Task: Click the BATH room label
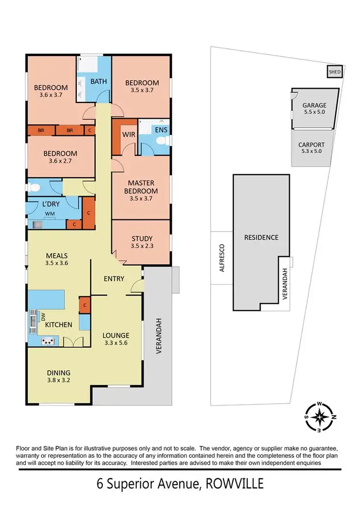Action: [x=99, y=81]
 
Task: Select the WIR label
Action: [x=128, y=134]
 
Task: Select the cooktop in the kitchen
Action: [x=48, y=341]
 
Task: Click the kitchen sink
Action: [x=33, y=320]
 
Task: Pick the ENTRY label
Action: [x=114, y=279]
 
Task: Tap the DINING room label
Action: [x=59, y=372]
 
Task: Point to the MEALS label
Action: [x=57, y=255]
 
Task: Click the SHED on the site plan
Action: [x=334, y=73]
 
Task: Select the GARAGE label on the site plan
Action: [x=314, y=106]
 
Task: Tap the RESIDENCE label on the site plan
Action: [x=261, y=237]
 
